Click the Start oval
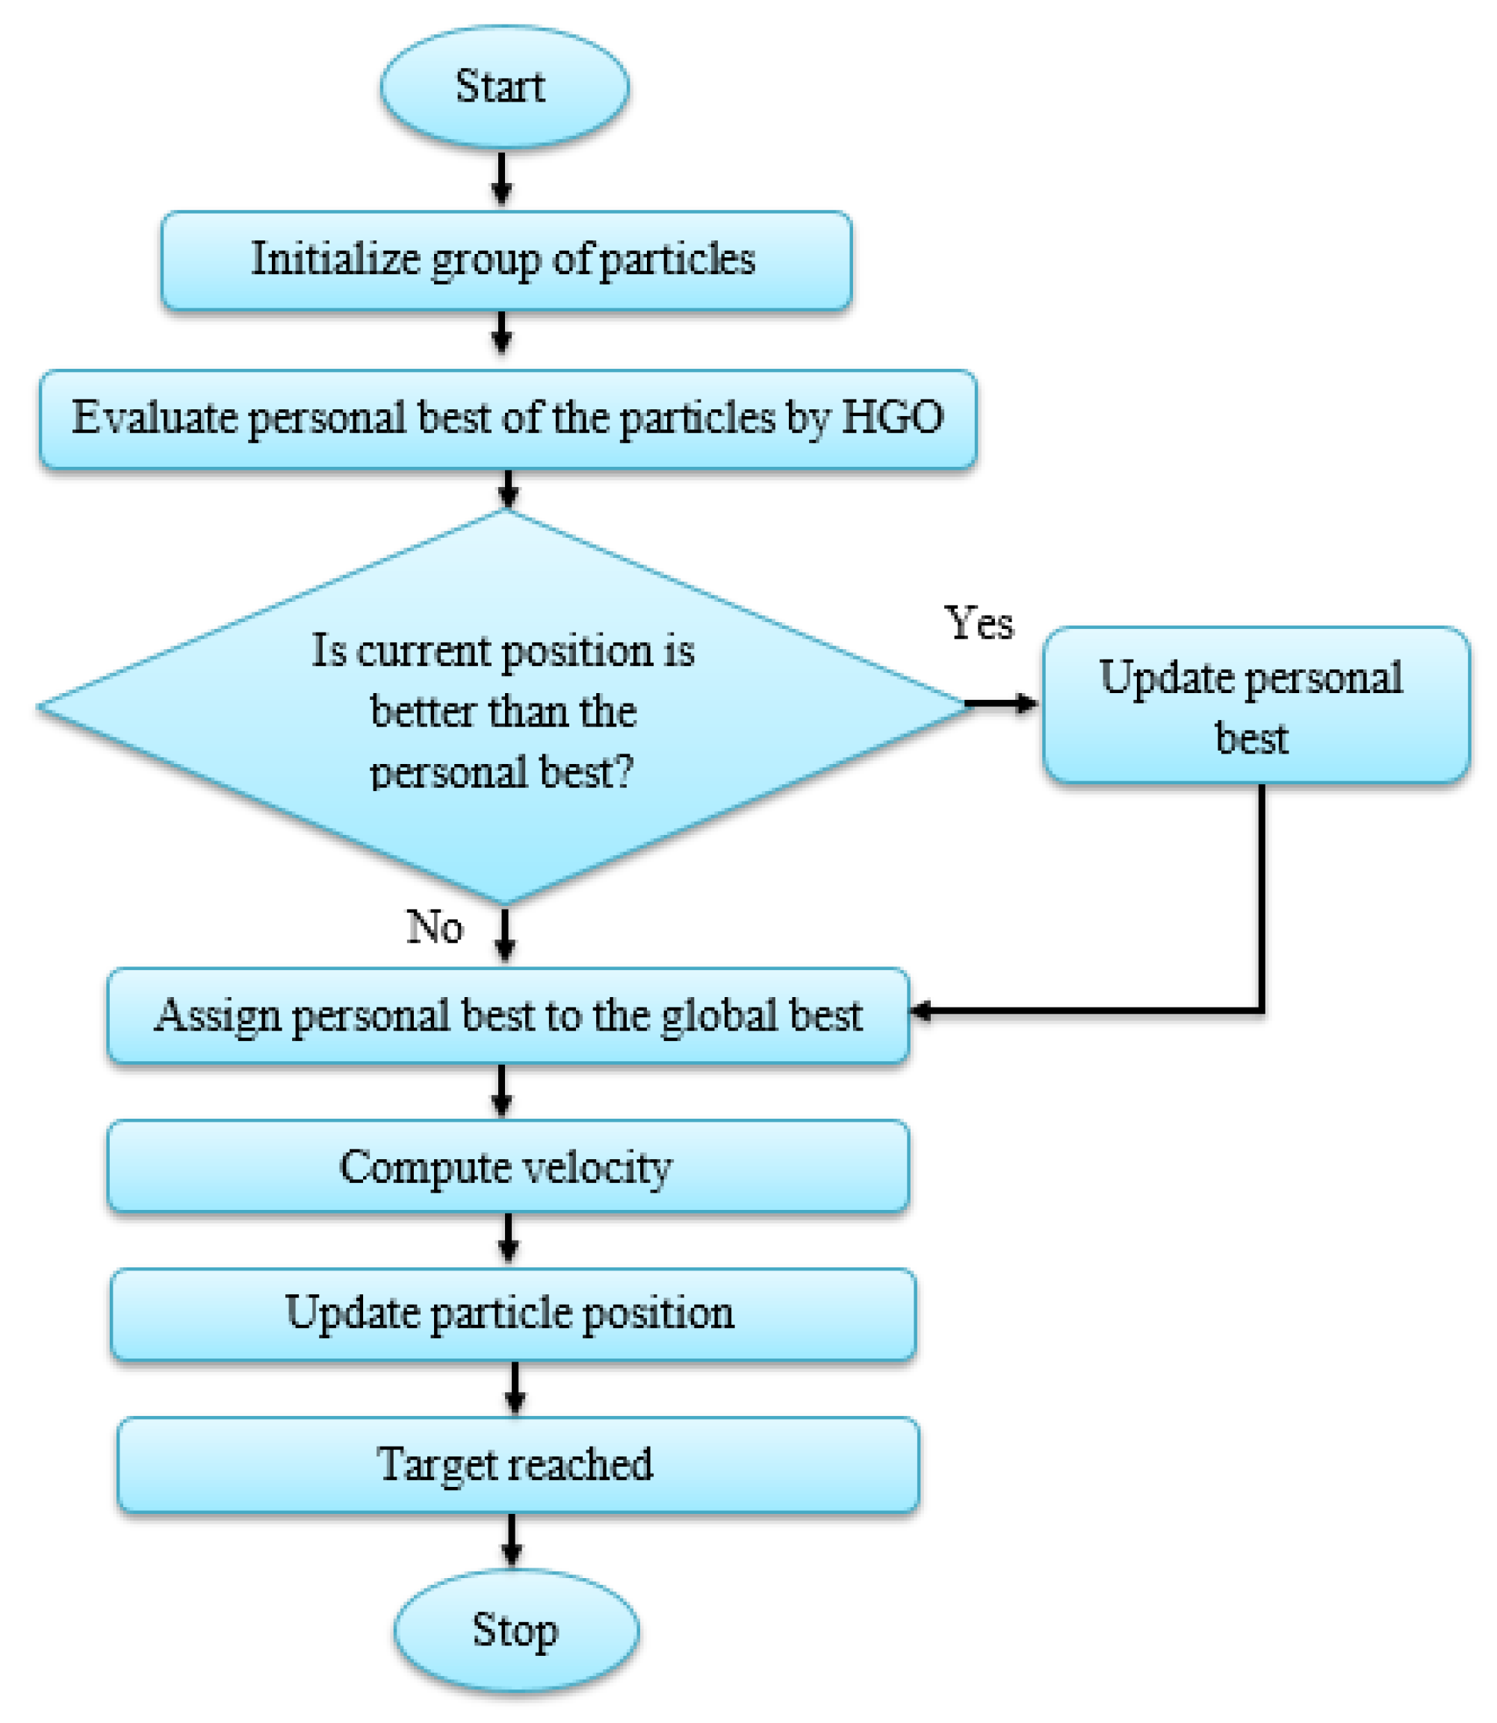[x=503, y=87]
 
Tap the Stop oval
[x=515, y=1630]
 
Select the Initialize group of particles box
[x=506, y=260]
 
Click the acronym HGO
[x=891, y=417]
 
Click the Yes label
[x=979, y=624]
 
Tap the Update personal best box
[x=1255, y=706]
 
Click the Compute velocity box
[x=507, y=1166]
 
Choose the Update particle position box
[x=512, y=1314]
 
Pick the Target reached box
[x=517, y=1464]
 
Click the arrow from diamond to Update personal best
[x=1001, y=704]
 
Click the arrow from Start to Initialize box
[x=501, y=178]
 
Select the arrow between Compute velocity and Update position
[x=508, y=1238]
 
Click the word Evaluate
[x=154, y=417]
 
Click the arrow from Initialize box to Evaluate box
[x=501, y=332]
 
